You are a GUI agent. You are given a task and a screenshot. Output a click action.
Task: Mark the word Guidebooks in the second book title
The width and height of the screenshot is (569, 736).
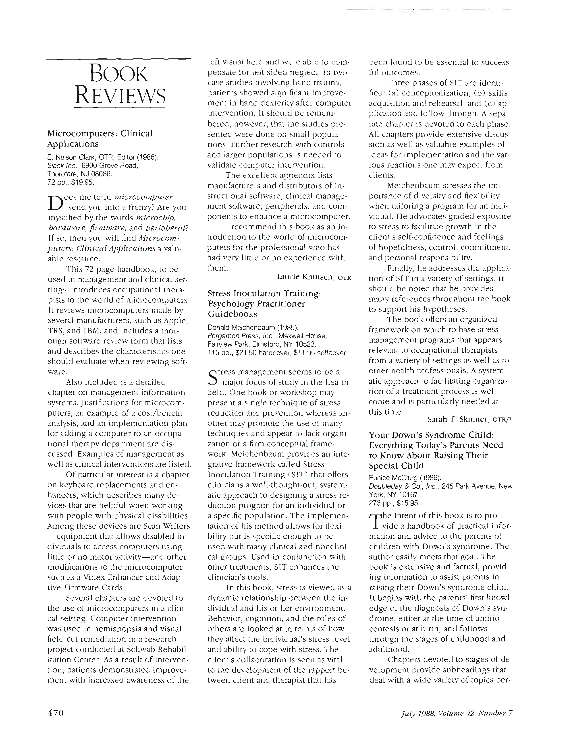(x=233, y=314)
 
